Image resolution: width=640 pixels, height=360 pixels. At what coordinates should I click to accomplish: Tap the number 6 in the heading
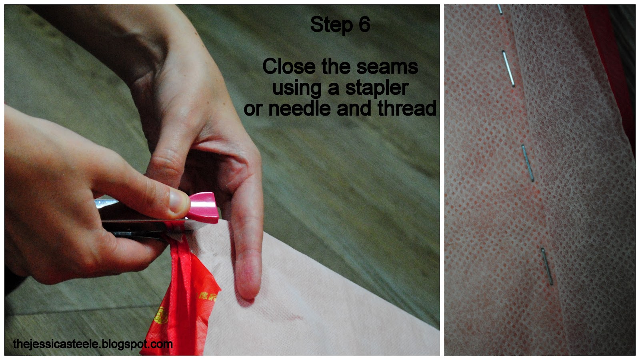click(364, 24)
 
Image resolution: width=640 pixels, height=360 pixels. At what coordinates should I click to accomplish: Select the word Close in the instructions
click(289, 66)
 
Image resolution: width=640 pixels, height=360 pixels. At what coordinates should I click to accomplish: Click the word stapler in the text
click(376, 88)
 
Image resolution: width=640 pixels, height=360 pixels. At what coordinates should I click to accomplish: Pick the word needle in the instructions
click(299, 108)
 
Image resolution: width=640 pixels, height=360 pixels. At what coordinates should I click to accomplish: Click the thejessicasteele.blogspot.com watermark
click(93, 344)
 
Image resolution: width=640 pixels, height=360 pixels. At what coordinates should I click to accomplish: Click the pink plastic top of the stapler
click(203, 208)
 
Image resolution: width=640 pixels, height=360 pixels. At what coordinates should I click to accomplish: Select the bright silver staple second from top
click(508, 68)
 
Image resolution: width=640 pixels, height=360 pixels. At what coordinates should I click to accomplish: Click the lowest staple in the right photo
click(547, 266)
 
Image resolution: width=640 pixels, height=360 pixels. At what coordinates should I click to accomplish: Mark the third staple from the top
click(528, 163)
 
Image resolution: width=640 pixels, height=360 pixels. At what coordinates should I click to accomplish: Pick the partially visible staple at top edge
click(500, 10)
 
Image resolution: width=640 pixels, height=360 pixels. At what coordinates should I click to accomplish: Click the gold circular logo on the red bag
click(161, 315)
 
